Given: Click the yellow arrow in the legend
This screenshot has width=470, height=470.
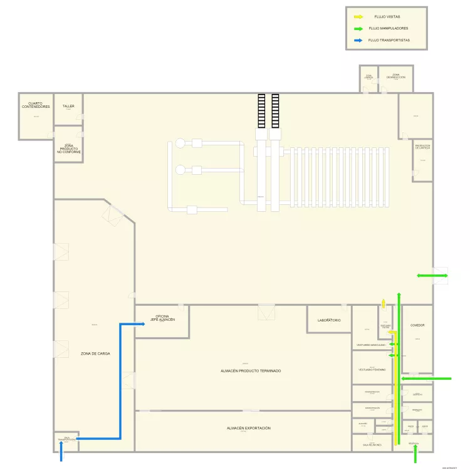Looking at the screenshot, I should click(x=358, y=17).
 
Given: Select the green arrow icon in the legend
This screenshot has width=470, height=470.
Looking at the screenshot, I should click(x=358, y=28).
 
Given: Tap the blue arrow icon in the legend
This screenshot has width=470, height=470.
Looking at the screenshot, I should click(x=358, y=40).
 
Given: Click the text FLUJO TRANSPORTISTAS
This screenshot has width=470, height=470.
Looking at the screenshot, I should click(x=389, y=40).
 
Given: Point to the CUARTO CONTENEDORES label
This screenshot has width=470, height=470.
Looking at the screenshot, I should click(x=36, y=105).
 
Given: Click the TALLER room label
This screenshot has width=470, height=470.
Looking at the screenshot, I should click(x=68, y=107).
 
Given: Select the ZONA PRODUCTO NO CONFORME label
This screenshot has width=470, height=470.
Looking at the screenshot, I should click(x=69, y=149).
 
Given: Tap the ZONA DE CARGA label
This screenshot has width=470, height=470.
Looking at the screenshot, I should click(x=95, y=353).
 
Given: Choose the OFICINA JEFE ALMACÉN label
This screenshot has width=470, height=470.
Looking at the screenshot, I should click(x=162, y=318).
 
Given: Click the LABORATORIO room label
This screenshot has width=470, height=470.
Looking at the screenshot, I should click(x=328, y=320).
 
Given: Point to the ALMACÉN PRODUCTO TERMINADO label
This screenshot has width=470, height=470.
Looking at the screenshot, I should click(x=251, y=371).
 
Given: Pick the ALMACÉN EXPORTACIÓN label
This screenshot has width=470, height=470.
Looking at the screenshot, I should click(x=249, y=428).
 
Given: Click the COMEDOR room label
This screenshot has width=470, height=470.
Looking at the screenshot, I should click(x=417, y=325).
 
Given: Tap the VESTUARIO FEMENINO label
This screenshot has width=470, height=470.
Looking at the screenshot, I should click(x=372, y=370).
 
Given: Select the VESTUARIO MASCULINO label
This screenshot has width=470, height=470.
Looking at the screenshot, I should click(x=370, y=345).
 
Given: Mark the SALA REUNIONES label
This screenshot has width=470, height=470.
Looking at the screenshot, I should click(x=372, y=444).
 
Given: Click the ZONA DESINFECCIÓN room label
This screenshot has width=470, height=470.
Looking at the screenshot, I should click(x=395, y=76).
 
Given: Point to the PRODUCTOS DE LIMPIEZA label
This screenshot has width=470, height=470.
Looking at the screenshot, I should click(x=422, y=147).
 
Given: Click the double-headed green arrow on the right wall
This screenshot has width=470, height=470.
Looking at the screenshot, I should click(x=432, y=276).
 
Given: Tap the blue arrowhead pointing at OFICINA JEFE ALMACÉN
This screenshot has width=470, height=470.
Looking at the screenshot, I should click(x=134, y=325).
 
